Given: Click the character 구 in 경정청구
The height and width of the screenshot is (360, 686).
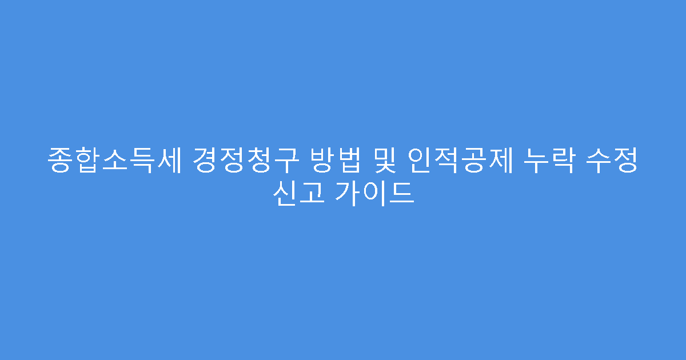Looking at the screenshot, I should pyautogui.click(x=286, y=162).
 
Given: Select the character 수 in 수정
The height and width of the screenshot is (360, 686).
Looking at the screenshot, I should pyautogui.click(x=602, y=162).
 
